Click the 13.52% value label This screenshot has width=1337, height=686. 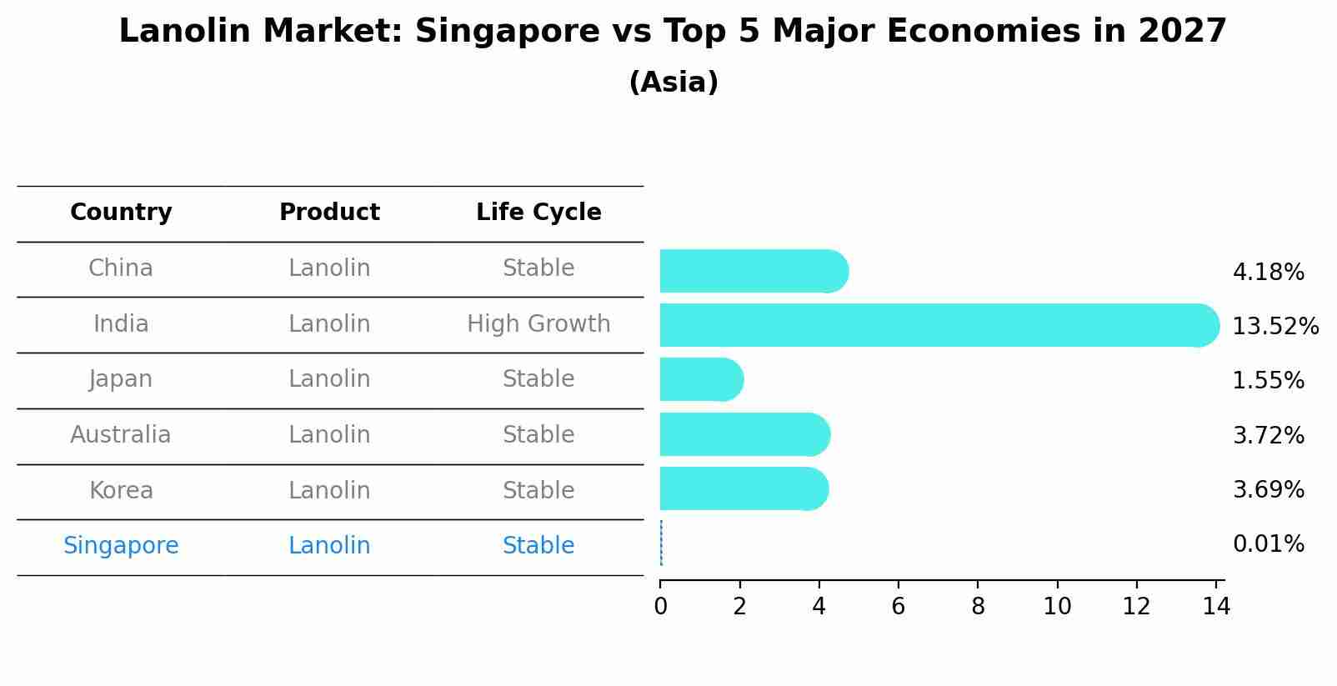coord(1275,327)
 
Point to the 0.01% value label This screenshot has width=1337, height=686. coord(1268,544)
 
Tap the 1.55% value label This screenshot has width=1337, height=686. coord(1268,381)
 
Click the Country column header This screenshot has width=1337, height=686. coord(121,213)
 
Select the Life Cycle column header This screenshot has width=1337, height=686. coord(538,213)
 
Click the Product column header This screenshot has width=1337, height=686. coord(329,213)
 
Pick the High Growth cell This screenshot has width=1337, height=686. coord(538,323)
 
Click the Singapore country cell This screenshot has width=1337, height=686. coord(121,546)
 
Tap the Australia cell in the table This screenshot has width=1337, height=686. coord(121,435)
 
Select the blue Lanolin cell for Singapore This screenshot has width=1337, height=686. coord(329,546)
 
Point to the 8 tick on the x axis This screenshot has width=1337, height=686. coord(978,606)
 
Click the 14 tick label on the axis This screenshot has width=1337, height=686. coord(1216,606)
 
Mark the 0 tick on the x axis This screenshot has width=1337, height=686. coord(660,606)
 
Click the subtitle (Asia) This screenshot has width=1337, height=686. coord(674,83)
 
